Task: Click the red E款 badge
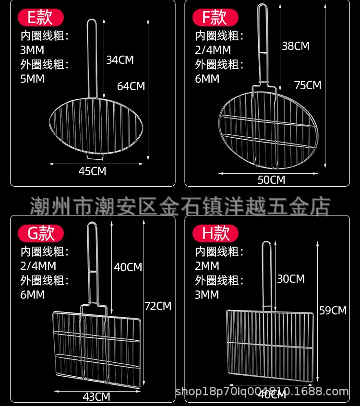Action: (41, 17)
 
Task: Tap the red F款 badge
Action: (215, 17)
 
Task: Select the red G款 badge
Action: (41, 233)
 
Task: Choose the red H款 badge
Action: (215, 233)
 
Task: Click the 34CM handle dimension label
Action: (120, 60)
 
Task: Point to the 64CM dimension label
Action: (131, 86)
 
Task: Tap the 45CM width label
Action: (92, 171)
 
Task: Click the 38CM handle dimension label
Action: (296, 46)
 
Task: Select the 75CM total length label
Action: (308, 85)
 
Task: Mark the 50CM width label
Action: (271, 179)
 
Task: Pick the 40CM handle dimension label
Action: (128, 267)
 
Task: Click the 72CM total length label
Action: (158, 306)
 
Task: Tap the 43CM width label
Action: (96, 396)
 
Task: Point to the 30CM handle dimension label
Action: (291, 279)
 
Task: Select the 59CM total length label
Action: (333, 310)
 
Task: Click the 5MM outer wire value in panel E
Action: (32, 79)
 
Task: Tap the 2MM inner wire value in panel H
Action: (207, 266)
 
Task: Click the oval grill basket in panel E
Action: (96, 126)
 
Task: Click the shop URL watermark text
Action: (262, 392)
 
